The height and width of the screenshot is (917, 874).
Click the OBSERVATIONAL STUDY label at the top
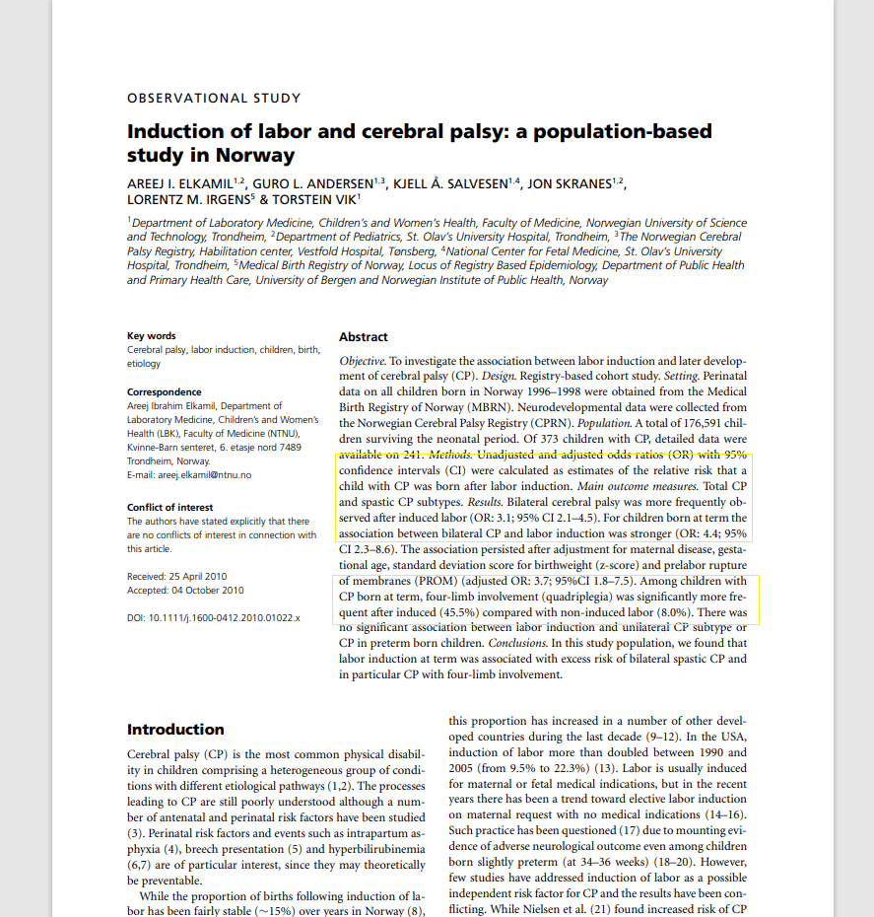coord(214,98)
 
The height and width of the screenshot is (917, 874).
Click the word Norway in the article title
coord(260,155)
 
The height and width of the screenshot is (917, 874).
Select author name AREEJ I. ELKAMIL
coord(183,184)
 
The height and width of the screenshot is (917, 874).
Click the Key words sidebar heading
coord(152,336)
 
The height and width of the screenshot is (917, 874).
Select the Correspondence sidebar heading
coord(165,392)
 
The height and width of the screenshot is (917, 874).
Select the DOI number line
coord(214,618)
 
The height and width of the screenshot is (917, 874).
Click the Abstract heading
coord(364,337)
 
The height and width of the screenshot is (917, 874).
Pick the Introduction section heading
coord(175,730)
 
